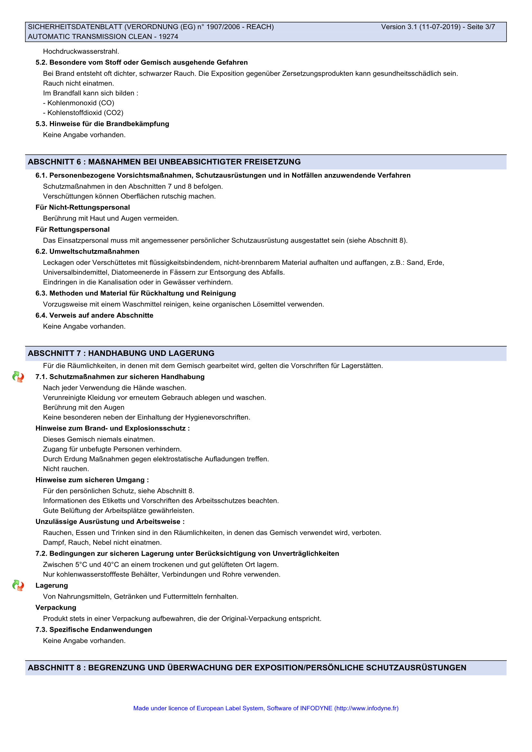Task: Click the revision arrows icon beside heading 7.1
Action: [x=18, y=377]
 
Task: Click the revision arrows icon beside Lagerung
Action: [x=18, y=585]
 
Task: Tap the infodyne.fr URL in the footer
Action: [x=366, y=708]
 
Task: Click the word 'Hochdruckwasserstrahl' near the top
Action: [x=81, y=51]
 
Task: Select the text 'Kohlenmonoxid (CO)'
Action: [x=81, y=103]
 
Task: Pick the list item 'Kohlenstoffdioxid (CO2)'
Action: [x=85, y=113]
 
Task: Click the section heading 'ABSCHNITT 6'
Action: [x=54, y=162]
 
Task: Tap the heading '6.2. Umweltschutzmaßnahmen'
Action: [x=87, y=251]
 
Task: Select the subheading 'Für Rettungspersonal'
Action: [x=72, y=230]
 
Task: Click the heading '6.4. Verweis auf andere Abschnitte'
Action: [x=94, y=315]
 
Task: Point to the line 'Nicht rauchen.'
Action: [x=66, y=469]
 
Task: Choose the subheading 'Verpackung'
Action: [x=56, y=608]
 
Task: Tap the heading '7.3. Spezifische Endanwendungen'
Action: [x=94, y=630]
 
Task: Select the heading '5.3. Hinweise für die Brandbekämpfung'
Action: [x=102, y=124]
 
